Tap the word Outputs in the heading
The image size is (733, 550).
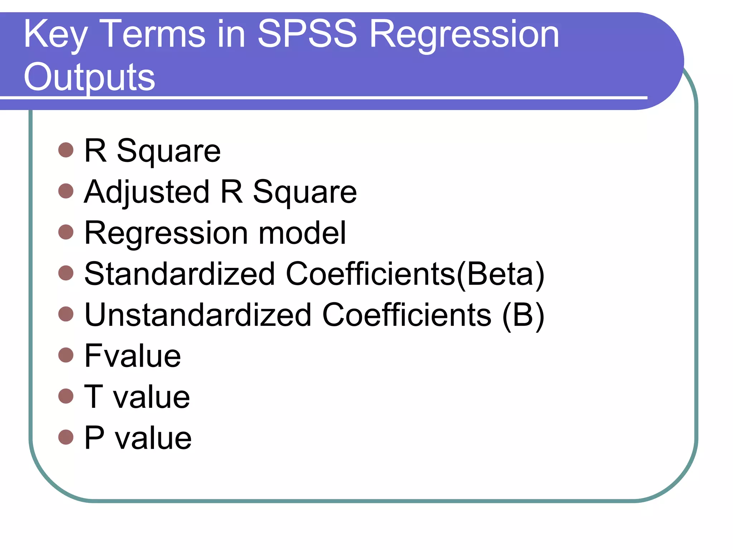[x=89, y=77]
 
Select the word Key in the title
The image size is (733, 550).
[x=55, y=35]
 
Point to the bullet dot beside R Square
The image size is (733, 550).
[x=66, y=150]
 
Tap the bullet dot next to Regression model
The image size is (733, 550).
[x=66, y=232]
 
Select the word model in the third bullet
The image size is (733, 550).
[x=302, y=233]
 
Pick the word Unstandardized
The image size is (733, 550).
[x=198, y=315]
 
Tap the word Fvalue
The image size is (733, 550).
[x=133, y=356]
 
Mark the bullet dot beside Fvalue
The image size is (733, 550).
[x=66, y=355]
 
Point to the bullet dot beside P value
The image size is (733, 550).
[x=66, y=437]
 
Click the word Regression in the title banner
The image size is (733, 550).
[x=464, y=35]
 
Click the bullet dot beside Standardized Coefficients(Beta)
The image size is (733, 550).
[x=66, y=273]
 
